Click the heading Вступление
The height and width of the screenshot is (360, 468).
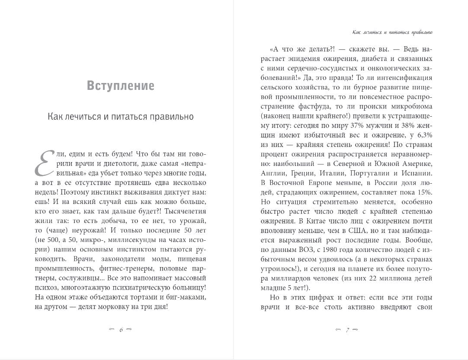click(x=120, y=86)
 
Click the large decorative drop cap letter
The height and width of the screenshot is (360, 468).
click(x=44, y=164)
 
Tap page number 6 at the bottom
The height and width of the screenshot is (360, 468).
click(x=121, y=330)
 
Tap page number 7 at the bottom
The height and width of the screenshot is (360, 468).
click(x=347, y=330)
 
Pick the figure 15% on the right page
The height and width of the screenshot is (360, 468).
click(x=424, y=192)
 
